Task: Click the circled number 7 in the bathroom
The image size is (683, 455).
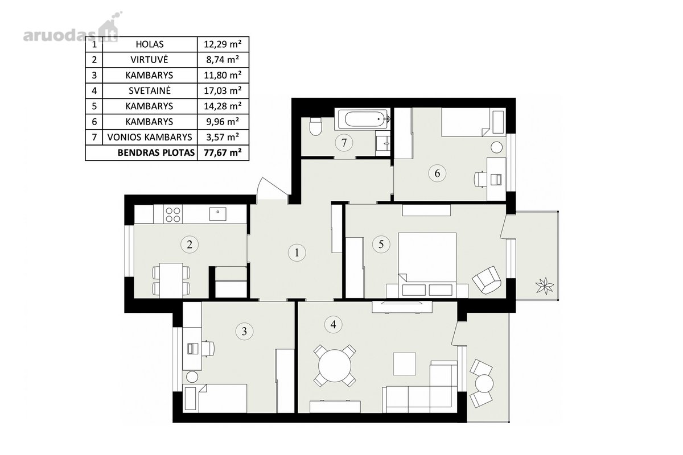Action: pyautogui.click(x=344, y=143)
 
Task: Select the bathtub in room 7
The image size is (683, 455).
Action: pyautogui.click(x=363, y=119)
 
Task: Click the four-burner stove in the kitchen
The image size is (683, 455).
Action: pyautogui.click(x=173, y=214)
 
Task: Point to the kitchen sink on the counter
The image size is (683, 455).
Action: pyautogui.click(x=217, y=214)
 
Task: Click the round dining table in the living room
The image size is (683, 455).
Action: pyautogui.click(x=335, y=365)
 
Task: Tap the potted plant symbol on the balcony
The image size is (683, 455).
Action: pyautogui.click(x=545, y=286)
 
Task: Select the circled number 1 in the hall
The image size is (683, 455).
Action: pyautogui.click(x=297, y=253)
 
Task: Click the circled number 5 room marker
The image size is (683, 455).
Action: pyautogui.click(x=381, y=244)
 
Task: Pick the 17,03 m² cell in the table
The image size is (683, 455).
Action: pyautogui.click(x=223, y=90)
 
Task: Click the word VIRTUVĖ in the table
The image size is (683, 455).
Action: pyautogui.click(x=149, y=59)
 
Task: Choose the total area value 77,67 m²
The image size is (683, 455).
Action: pyautogui.click(x=223, y=152)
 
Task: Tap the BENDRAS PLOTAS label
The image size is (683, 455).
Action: pyautogui.click(x=156, y=152)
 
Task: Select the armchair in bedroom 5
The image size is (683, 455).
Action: pyautogui.click(x=487, y=280)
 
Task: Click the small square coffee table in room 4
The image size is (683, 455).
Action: pyautogui.click(x=405, y=364)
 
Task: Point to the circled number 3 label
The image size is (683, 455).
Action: pyautogui.click(x=244, y=331)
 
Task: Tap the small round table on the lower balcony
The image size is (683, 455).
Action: pyautogui.click(x=484, y=383)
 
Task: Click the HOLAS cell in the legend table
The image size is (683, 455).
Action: pyautogui.click(x=149, y=44)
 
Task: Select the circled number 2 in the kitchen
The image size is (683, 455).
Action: pyautogui.click(x=190, y=244)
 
